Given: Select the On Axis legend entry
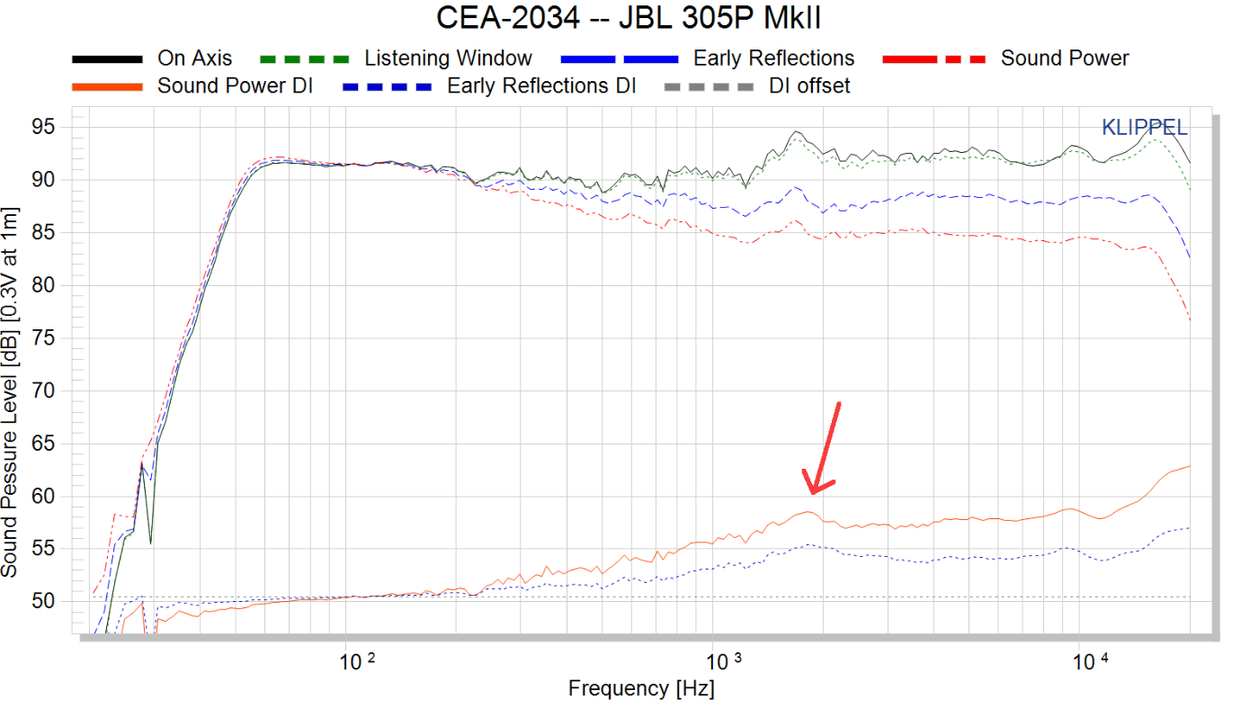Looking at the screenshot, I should pos(194,58).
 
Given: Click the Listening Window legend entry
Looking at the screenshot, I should pos(448,58).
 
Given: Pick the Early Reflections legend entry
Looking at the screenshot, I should pos(773,58).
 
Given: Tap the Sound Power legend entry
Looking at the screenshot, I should pos(1065,58).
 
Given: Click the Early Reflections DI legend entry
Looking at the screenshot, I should pos(541,86).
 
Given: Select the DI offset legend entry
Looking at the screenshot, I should pos(809,86).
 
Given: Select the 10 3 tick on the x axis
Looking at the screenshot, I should pos(724,662).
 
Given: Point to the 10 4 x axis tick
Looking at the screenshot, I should pos(1093,662).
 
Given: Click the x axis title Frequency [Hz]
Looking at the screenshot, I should pos(641,689).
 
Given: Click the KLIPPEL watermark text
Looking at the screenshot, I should pos(1144,128).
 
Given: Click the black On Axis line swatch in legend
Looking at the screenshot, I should pos(107,58).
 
